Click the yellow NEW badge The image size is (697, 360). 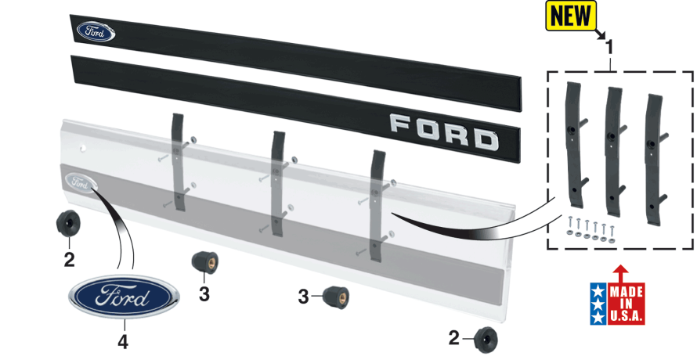(x=571, y=16)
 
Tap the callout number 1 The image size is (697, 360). (x=610, y=48)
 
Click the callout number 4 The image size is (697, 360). (x=123, y=342)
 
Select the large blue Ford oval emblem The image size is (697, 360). (x=124, y=297)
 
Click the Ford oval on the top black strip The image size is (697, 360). (x=96, y=31)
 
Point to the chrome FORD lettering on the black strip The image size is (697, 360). (x=444, y=132)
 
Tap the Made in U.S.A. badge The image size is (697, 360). (x=617, y=304)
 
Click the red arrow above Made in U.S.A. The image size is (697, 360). (x=620, y=274)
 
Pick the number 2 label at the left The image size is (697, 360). (x=70, y=260)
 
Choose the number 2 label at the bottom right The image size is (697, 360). (x=453, y=338)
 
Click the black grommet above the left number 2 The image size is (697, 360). (x=68, y=224)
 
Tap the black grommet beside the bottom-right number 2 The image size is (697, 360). (x=486, y=340)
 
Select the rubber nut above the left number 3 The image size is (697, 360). (x=204, y=261)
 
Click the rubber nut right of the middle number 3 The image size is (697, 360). (x=336, y=297)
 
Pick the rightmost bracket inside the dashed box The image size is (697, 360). (x=655, y=153)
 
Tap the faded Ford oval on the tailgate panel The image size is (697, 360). (x=81, y=182)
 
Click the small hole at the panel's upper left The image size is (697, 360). (x=83, y=149)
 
